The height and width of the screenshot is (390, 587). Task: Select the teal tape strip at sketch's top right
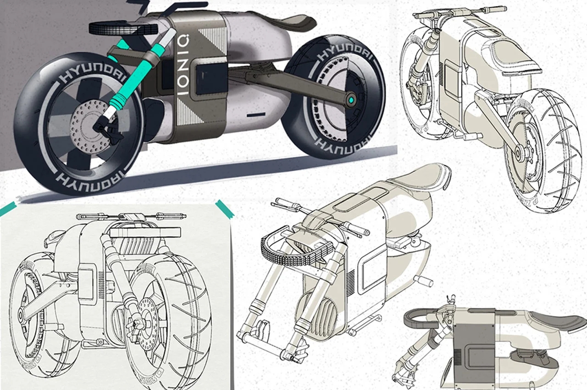coord(225,209)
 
